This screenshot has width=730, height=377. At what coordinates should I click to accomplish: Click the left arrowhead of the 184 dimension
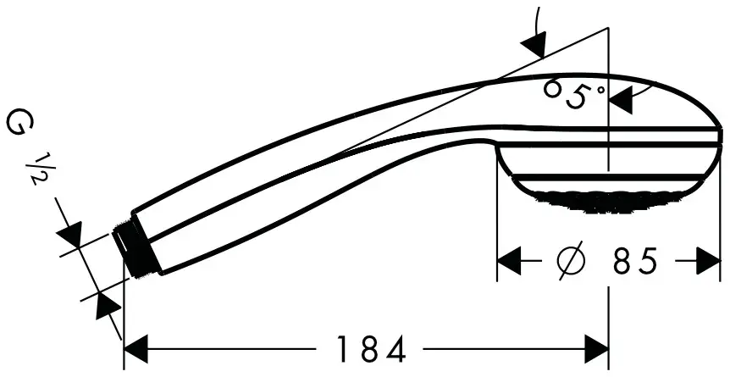coord(137,348)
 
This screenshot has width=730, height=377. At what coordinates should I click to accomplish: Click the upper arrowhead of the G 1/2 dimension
coord(69,233)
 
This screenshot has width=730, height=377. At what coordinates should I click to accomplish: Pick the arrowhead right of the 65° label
coord(622,100)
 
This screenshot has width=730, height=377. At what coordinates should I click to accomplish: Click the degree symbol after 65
coord(600,86)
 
